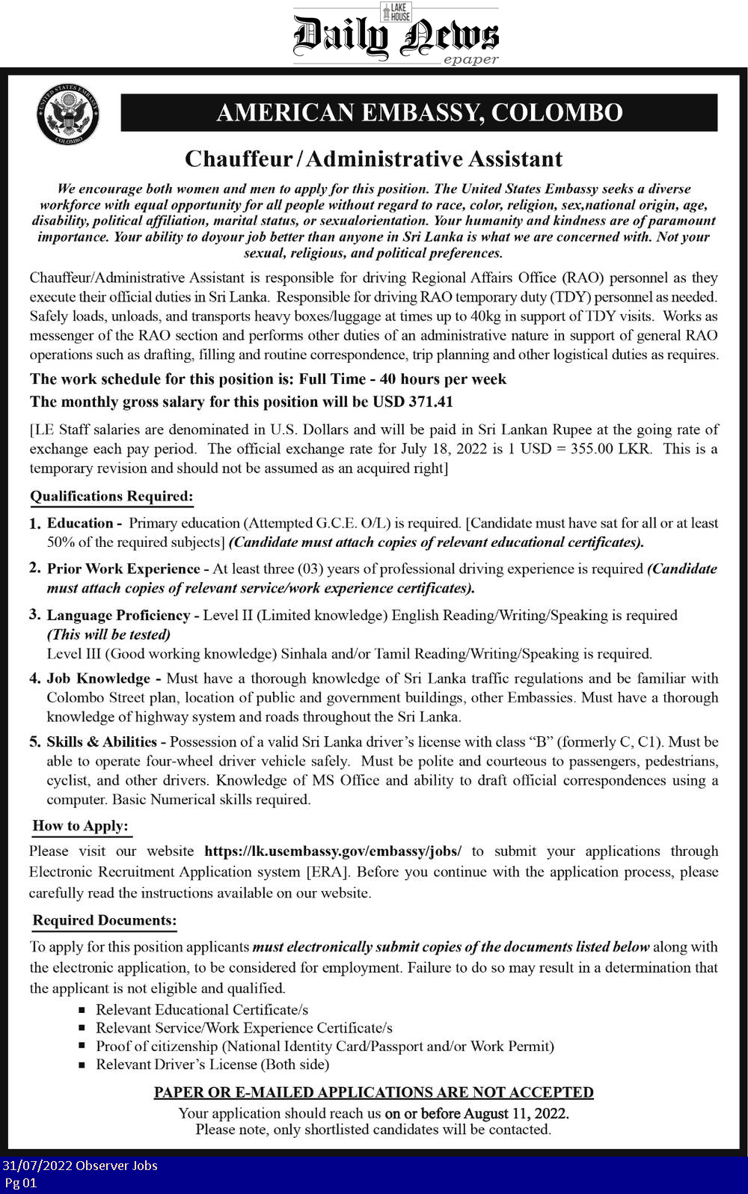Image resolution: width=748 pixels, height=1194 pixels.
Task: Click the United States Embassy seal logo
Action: (68, 114)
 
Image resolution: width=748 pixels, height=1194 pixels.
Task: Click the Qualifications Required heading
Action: (111, 496)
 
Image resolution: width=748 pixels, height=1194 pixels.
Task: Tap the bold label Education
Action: (80, 523)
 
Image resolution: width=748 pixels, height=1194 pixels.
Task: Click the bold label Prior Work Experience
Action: (123, 569)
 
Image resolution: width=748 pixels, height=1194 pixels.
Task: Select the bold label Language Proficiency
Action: (118, 615)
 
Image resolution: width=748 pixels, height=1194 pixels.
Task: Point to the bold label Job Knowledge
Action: (99, 679)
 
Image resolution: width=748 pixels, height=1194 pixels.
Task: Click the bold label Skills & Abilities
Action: (102, 742)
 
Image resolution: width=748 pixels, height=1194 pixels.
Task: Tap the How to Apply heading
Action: (81, 826)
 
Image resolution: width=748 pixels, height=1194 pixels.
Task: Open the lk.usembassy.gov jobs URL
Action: (333, 851)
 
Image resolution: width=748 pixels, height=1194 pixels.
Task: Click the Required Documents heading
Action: (105, 920)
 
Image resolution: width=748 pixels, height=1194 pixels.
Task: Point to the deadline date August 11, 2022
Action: (515, 1113)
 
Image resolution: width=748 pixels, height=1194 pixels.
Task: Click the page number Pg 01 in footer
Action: (20, 1183)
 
